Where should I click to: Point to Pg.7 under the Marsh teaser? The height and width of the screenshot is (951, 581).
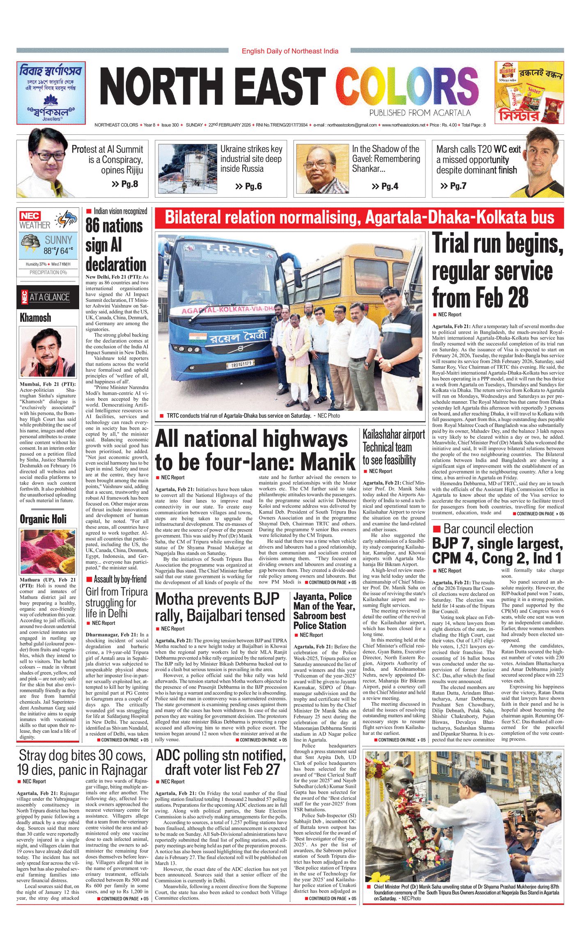453,186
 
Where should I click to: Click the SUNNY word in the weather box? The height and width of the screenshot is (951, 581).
58,240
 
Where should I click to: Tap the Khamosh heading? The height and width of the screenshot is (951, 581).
36,318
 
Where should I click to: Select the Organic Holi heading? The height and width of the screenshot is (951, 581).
43,519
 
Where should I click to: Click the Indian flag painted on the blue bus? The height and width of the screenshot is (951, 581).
198,338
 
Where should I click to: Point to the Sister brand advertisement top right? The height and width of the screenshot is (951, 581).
529,92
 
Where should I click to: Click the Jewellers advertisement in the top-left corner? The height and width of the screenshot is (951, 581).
51,92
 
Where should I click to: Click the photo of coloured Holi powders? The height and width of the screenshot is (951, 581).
48,552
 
